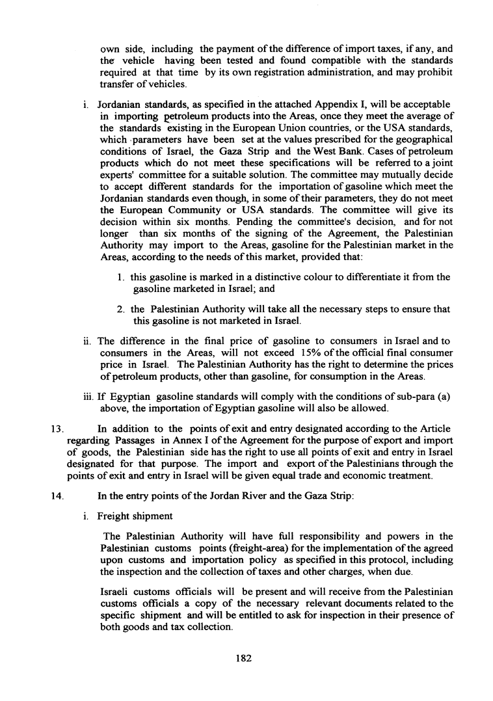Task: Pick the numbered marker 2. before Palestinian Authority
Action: click(122, 309)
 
